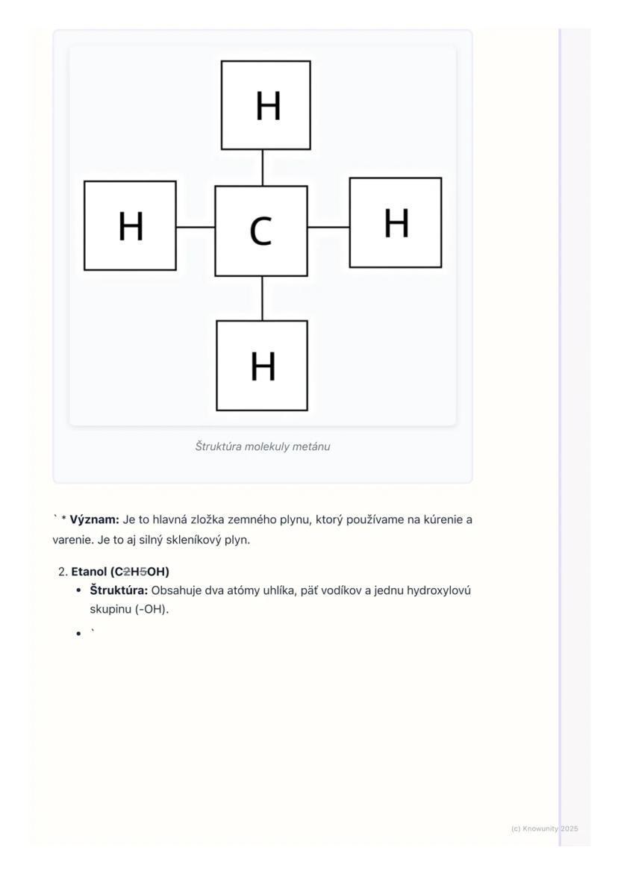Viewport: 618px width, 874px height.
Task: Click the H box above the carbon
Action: [x=266, y=105]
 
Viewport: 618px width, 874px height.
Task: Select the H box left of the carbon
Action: [x=131, y=225]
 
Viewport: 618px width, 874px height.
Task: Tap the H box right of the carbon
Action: [x=396, y=222]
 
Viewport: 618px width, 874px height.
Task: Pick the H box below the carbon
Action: [x=262, y=366]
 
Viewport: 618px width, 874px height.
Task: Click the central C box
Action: [x=261, y=231]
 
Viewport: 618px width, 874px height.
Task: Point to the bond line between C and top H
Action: [x=262, y=168]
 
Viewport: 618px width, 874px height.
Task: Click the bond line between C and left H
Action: [x=196, y=226]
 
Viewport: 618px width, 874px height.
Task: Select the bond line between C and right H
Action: [x=328, y=226]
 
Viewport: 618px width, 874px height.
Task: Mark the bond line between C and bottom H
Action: [x=262, y=299]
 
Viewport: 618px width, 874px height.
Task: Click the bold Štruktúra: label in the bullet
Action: [x=119, y=590]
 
